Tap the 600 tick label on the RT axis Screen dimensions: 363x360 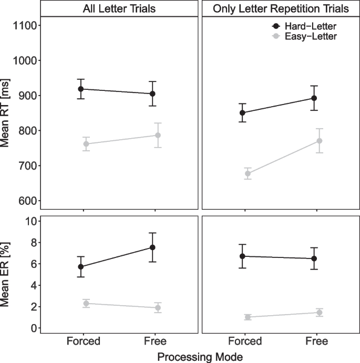[24, 201]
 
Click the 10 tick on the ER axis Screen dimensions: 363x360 [29, 221]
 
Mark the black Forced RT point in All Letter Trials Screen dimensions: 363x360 [81, 89]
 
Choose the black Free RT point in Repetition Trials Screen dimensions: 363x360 [314, 98]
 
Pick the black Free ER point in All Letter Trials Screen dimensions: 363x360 [153, 247]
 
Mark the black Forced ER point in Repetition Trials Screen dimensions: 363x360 [242, 256]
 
